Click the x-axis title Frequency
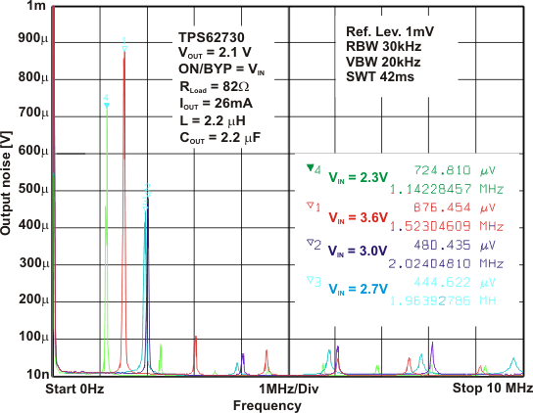(x=260, y=404)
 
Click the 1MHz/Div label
(x=289, y=390)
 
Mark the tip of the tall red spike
(x=123, y=53)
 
